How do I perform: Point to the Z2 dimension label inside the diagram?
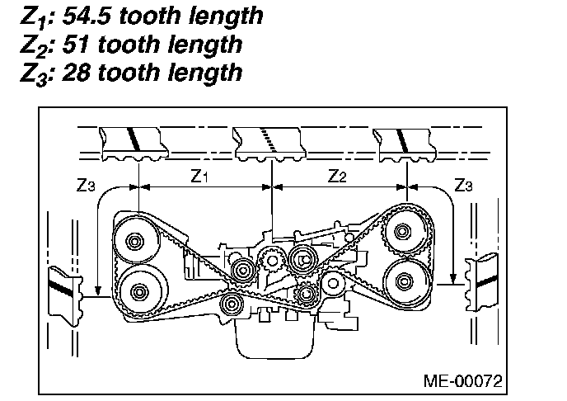338,176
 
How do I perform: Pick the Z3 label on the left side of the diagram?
85,186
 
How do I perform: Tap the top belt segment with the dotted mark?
269,142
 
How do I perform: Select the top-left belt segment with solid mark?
134,142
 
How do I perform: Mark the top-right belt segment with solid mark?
405,142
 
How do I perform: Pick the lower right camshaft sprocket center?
405,281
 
